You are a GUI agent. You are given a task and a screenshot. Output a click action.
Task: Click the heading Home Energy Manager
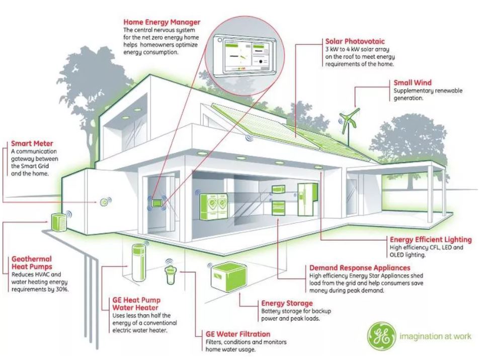pyautogui.click(x=162, y=22)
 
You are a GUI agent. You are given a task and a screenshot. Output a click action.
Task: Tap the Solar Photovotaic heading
pyautogui.click(x=355, y=41)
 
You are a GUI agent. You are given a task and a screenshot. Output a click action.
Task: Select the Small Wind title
pyautogui.click(x=413, y=83)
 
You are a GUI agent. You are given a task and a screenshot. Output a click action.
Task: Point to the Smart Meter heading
pyautogui.click(x=32, y=143)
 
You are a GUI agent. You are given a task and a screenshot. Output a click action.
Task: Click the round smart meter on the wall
pyautogui.click(x=104, y=202)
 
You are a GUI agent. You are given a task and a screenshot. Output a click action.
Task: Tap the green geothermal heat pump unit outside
pyautogui.click(x=59, y=222)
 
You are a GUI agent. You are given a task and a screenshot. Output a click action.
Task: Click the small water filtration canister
pyautogui.click(x=170, y=273)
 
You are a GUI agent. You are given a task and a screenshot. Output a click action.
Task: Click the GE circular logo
pyautogui.click(x=381, y=337)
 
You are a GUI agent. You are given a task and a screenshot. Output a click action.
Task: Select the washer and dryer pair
pyautogui.click(x=214, y=207)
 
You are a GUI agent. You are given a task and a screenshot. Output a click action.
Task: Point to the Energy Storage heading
pyautogui.click(x=287, y=303)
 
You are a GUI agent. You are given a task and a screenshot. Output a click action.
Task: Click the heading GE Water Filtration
pyautogui.click(x=238, y=334)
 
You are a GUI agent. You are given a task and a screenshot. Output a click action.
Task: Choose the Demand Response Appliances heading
pyautogui.click(x=360, y=268)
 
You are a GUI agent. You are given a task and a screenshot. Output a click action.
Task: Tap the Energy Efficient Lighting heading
pyautogui.click(x=431, y=240)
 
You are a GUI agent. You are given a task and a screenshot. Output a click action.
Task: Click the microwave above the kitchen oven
pyautogui.click(x=278, y=189)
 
